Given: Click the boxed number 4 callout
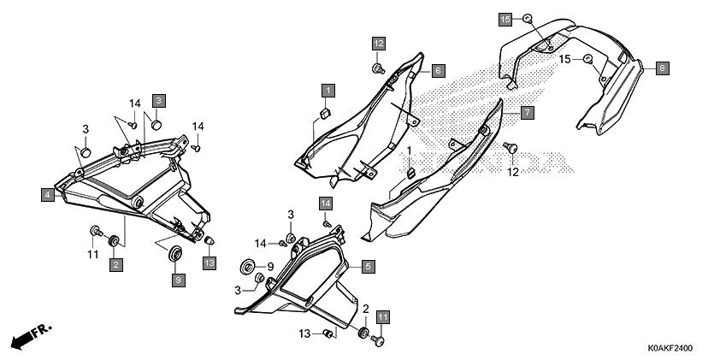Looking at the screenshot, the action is pos(48,195).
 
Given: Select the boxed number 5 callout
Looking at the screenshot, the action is pos(368,266).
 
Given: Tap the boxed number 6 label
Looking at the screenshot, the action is pos(438,71).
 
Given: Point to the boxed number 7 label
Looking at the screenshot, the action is pos(528,113).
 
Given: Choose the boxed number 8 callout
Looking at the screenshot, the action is pos(662,68).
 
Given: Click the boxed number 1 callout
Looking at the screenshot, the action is pos(328,91).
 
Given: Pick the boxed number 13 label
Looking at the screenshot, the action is pos(210,263).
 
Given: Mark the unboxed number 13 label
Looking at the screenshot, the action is pos(305,334).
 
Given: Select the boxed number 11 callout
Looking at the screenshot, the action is pos(383,317).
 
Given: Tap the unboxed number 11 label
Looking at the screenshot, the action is pos(93,254).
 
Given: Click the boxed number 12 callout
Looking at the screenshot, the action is pos(379,44).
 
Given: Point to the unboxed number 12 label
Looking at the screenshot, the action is pos(513,172).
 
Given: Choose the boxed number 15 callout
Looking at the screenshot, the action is pos(505,20).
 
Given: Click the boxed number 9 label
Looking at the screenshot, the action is pos(179,280).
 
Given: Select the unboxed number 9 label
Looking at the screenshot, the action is pos(270,266).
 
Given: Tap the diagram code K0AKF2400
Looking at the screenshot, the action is pos(670,349).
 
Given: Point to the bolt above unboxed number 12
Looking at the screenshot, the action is pos(510,148).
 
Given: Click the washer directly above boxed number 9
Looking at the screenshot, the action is pos(175,254).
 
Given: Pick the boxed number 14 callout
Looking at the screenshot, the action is pos(326,204).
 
